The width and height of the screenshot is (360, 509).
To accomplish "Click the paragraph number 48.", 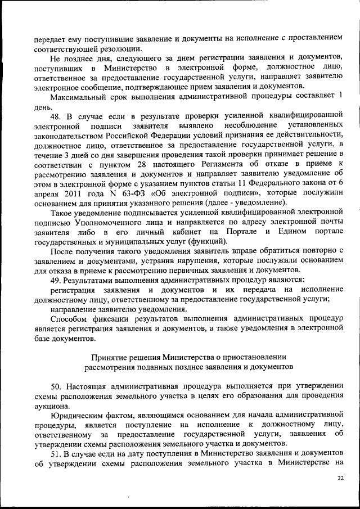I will pos(57,117).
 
